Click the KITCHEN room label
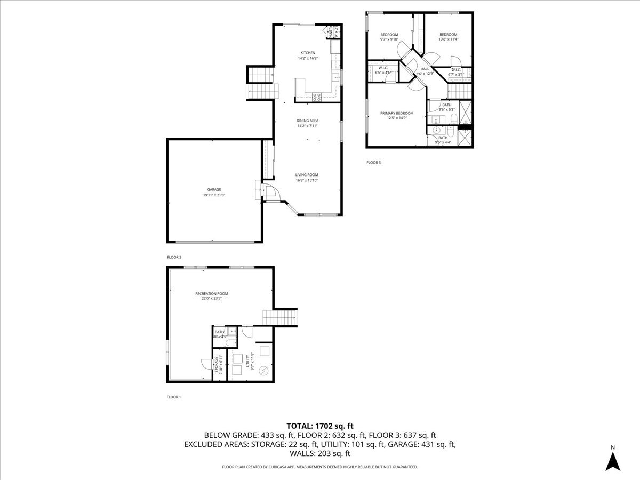point(308,53)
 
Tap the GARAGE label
point(214,190)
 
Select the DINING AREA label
point(307,121)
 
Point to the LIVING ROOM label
point(307,175)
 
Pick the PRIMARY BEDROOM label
point(397,113)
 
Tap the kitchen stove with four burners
point(316,97)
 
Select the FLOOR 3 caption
point(373,162)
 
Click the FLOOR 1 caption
point(174,397)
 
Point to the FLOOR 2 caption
point(174,257)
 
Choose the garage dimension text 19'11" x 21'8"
point(214,195)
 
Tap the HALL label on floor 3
point(425,69)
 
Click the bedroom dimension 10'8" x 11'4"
point(448,39)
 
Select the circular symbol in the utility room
point(263,371)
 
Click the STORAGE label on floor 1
point(217,365)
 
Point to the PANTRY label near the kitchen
point(331,32)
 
